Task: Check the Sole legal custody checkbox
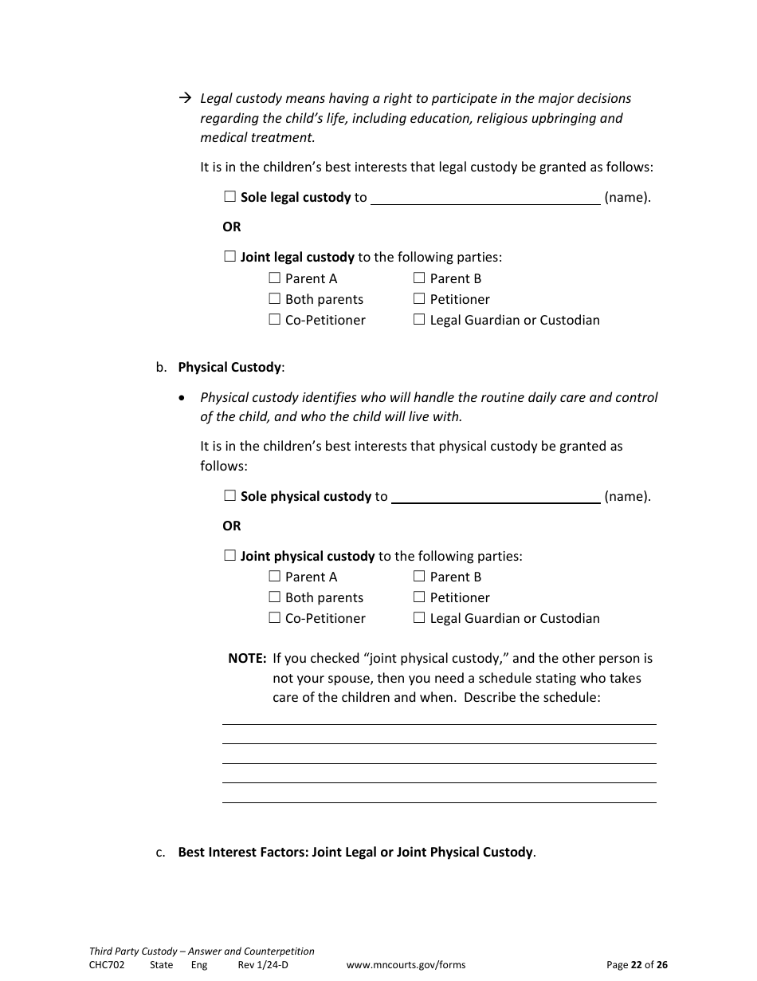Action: (x=230, y=196)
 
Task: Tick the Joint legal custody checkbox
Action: (x=230, y=256)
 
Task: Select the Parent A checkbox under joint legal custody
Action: (x=275, y=278)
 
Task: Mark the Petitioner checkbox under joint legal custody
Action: (x=419, y=298)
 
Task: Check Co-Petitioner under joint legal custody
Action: (x=275, y=319)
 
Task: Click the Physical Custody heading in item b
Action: (x=229, y=367)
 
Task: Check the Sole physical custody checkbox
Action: (x=230, y=495)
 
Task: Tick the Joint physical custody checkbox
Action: (x=230, y=555)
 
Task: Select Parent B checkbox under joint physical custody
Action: (x=419, y=576)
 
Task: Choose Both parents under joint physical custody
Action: (x=275, y=597)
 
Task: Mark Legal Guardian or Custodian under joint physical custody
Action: (x=419, y=617)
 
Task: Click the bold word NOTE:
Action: (x=247, y=658)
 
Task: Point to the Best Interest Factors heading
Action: (x=355, y=852)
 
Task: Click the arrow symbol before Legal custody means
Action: (x=185, y=98)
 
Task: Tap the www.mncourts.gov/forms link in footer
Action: (x=406, y=964)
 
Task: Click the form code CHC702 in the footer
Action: (x=107, y=964)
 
